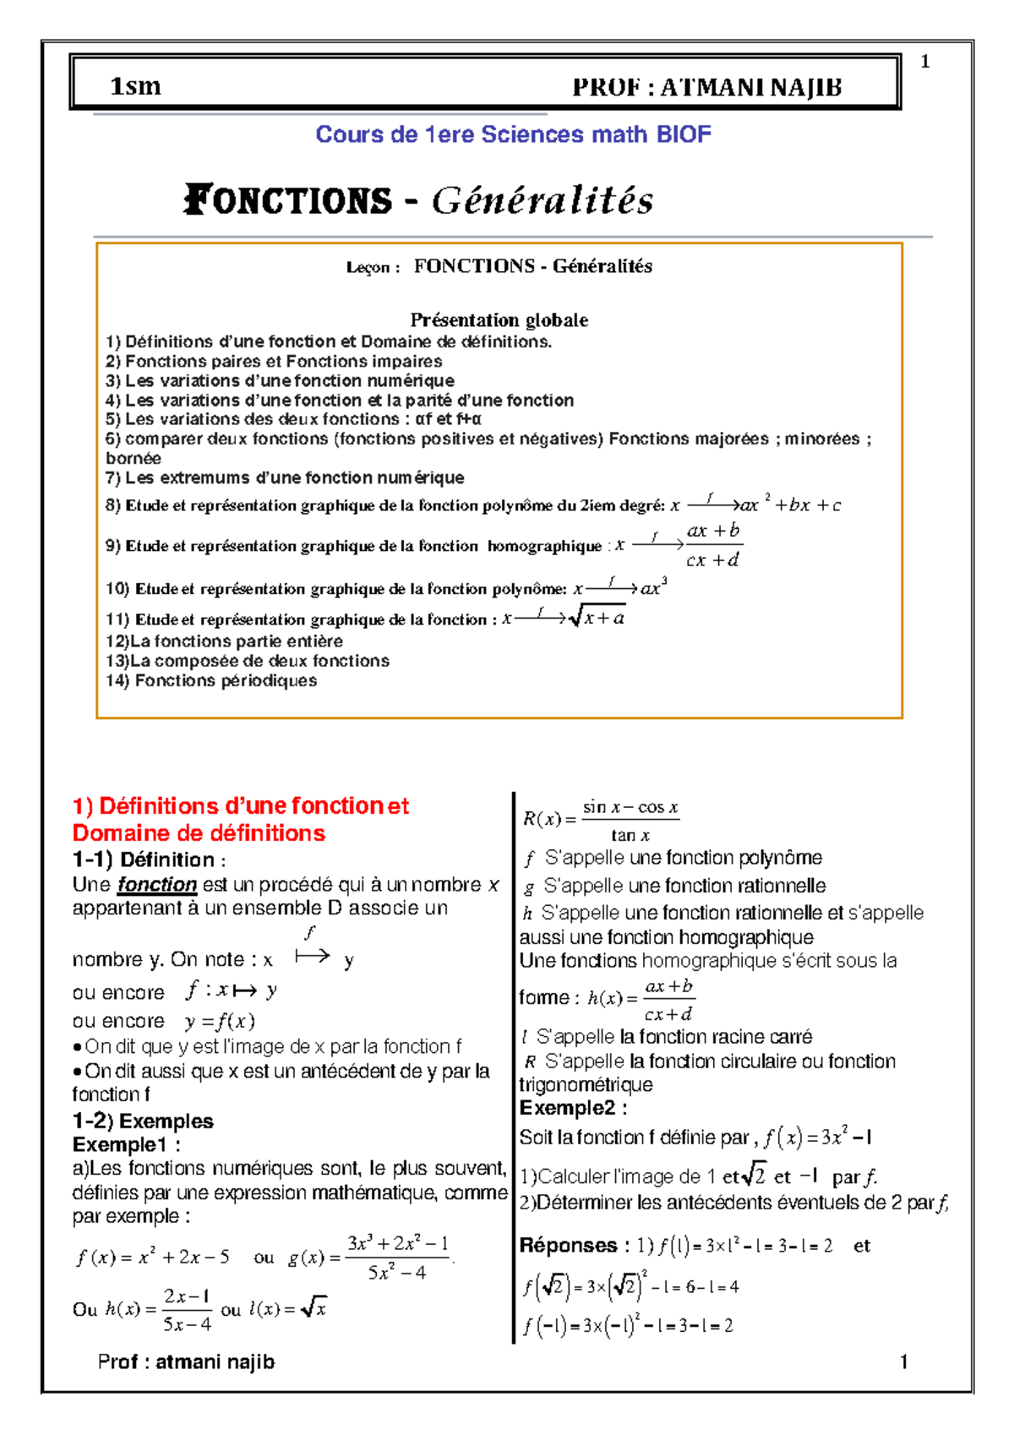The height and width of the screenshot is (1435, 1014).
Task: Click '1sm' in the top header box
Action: (135, 86)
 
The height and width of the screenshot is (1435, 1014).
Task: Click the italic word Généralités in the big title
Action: (542, 201)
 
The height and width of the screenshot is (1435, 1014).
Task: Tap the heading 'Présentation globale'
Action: (499, 320)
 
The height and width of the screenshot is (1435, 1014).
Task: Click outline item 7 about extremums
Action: (285, 477)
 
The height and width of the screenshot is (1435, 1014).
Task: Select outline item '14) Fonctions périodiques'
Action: (211, 680)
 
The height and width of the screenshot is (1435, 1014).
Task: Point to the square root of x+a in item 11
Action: (597, 618)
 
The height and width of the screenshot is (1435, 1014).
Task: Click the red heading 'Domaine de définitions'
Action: (199, 833)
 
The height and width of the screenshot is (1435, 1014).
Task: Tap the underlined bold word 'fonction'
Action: (157, 885)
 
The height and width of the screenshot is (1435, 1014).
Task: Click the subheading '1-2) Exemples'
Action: (143, 1121)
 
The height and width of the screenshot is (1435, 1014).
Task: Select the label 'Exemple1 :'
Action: (127, 1145)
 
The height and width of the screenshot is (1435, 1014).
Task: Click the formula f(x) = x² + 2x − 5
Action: (153, 1258)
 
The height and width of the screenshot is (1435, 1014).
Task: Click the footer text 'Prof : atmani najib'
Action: (186, 1361)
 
